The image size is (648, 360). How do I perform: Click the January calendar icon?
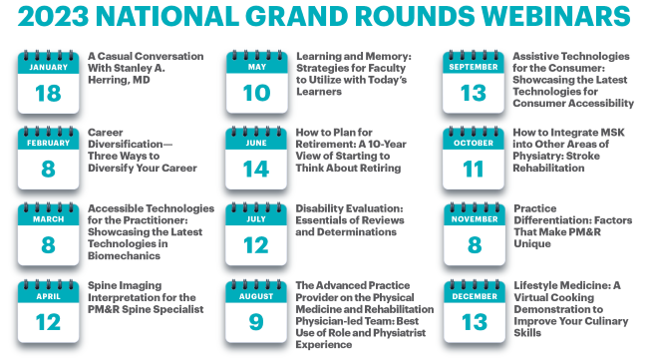pos(47,79)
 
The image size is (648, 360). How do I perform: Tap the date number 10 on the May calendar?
pos(256,92)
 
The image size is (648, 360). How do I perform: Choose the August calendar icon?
pos(256,310)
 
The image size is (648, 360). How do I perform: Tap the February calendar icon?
pos(47,159)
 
